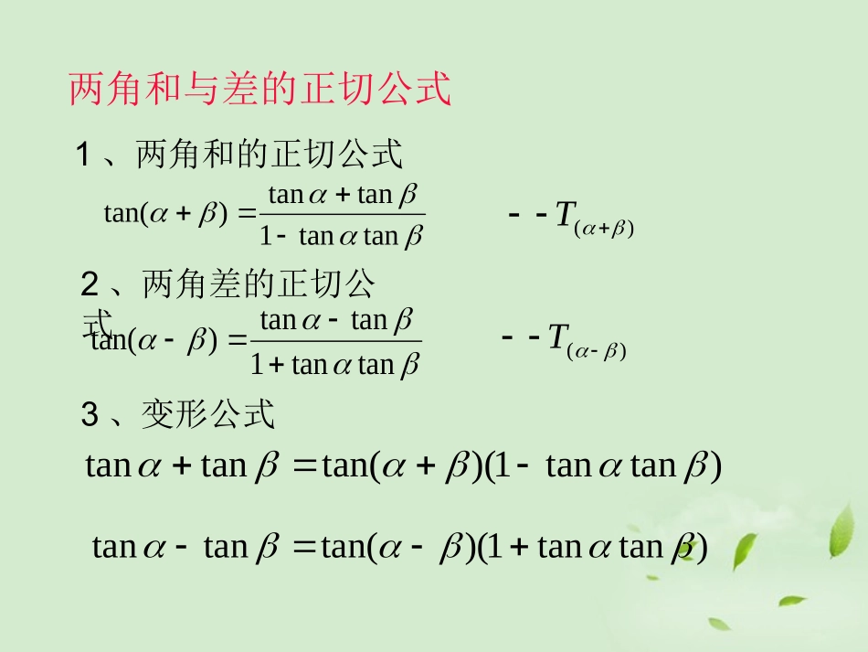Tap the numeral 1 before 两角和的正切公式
(x=83, y=155)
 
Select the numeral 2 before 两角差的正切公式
(x=90, y=286)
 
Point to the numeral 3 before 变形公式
(x=90, y=416)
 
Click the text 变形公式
(x=208, y=416)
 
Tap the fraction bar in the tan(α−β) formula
(x=335, y=342)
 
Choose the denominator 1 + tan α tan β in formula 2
(x=335, y=365)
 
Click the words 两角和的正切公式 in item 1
(x=269, y=155)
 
